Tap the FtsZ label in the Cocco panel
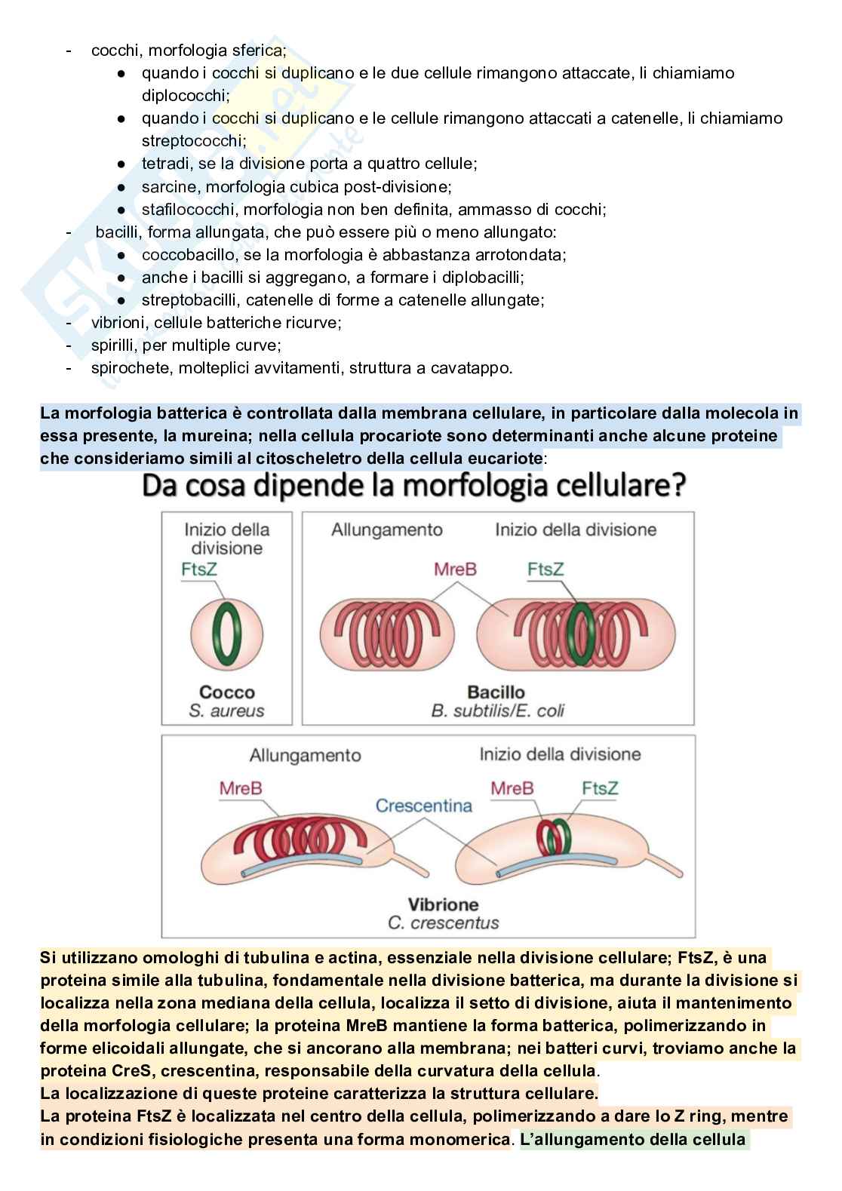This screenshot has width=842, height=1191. [199, 569]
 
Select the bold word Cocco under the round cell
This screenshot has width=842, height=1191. [227, 692]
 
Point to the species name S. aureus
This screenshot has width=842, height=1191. [227, 711]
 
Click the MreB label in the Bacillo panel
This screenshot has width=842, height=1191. [455, 569]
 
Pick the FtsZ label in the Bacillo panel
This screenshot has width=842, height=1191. [545, 569]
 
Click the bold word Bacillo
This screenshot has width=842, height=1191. [496, 692]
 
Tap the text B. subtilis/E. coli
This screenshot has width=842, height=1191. [497, 711]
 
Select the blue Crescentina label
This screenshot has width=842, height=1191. [424, 806]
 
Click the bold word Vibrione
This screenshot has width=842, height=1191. [444, 904]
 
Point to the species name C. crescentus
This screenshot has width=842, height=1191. [444, 922]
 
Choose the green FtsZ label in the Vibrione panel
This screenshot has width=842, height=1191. [600, 788]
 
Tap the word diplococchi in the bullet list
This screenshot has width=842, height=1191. [185, 96]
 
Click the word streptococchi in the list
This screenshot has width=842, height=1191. [193, 141]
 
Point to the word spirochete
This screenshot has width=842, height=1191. [128, 368]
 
